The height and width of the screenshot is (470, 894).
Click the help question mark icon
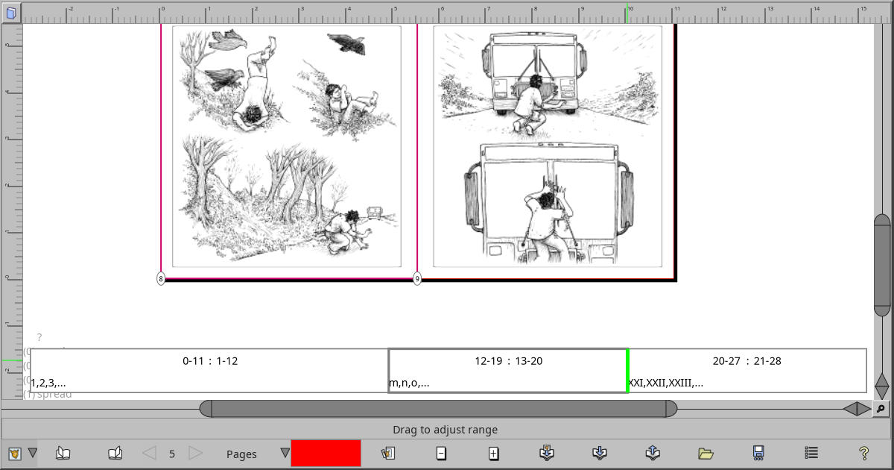(863, 453)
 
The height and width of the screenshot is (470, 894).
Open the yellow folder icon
(706, 453)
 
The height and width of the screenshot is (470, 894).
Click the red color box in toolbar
(326, 453)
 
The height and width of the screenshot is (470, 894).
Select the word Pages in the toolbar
(241, 454)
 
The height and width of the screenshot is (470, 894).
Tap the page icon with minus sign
(441, 453)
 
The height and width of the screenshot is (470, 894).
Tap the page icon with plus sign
(493, 453)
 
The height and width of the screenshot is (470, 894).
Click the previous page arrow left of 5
(149, 453)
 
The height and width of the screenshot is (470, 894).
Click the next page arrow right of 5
(195, 453)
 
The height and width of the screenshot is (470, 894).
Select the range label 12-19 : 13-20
(508, 361)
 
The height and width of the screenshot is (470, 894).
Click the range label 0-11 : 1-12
(210, 361)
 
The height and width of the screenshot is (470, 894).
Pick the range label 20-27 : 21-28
(746, 361)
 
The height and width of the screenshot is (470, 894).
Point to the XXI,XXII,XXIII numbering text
(666, 383)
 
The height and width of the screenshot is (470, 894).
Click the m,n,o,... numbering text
(409, 383)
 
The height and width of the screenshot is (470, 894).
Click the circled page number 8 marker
(161, 278)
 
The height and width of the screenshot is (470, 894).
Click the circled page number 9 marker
(417, 278)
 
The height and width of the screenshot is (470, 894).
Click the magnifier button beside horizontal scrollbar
(881, 408)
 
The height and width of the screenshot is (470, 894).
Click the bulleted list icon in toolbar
(812, 453)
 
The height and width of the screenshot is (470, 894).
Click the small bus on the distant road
(375, 213)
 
